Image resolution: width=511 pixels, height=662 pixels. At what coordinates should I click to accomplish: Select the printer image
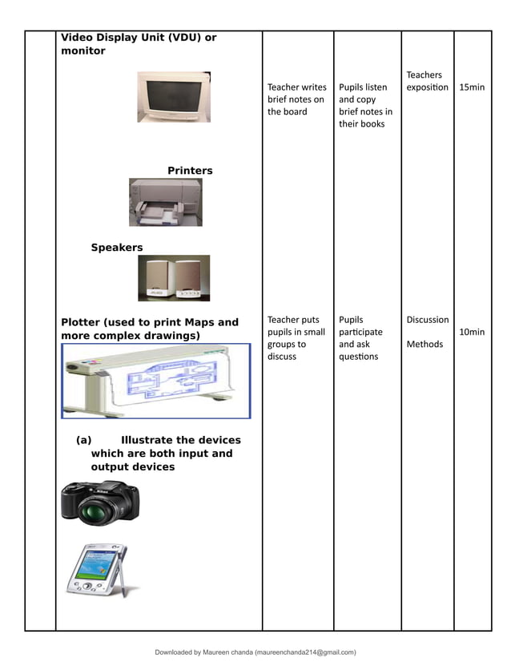coord(165,202)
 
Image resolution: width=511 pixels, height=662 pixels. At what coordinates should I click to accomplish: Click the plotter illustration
coord(156,381)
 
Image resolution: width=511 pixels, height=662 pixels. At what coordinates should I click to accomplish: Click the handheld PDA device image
coord(95,570)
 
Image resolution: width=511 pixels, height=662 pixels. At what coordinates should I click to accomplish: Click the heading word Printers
coord(190,171)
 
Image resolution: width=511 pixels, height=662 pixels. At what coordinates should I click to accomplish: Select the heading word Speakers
coord(116,248)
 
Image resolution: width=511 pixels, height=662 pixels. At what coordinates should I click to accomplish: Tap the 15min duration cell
coord(472,87)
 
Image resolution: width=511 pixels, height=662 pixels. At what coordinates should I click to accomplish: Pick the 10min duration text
coord(472,332)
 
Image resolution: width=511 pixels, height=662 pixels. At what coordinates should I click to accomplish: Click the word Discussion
coord(427,320)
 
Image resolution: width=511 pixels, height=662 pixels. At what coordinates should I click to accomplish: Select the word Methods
coord(424,345)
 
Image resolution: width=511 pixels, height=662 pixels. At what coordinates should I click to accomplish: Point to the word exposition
coord(427,87)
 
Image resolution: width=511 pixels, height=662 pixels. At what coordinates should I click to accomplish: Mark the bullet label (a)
coord(84,440)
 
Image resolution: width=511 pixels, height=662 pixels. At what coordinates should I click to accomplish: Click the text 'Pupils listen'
coord(363,87)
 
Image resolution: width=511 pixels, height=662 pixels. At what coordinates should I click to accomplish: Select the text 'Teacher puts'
coord(293,320)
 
